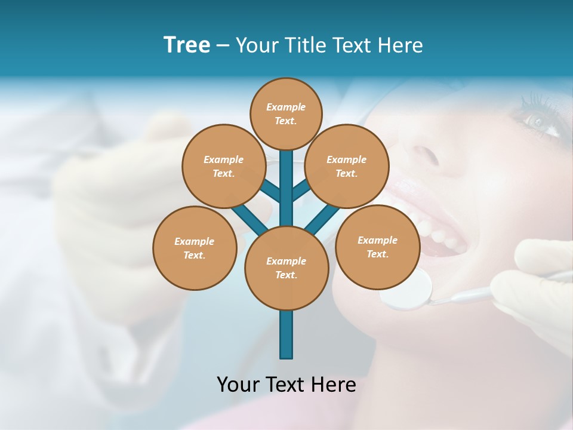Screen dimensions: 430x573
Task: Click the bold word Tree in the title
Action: pyautogui.click(x=186, y=45)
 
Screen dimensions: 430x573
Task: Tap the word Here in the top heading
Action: pyautogui.click(x=401, y=45)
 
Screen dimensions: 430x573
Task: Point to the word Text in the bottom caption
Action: pyautogui.click(x=286, y=384)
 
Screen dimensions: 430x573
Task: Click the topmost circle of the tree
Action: pyautogui.click(x=286, y=113)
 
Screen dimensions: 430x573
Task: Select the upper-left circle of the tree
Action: pyautogui.click(x=223, y=166)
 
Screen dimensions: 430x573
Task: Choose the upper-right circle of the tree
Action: pyautogui.click(x=346, y=166)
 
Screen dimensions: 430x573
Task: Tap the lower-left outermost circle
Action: pyautogui.click(x=195, y=248)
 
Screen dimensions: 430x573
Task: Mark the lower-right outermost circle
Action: pyautogui.click(x=377, y=247)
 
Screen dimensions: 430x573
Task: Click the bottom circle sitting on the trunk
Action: pyautogui.click(x=286, y=268)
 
